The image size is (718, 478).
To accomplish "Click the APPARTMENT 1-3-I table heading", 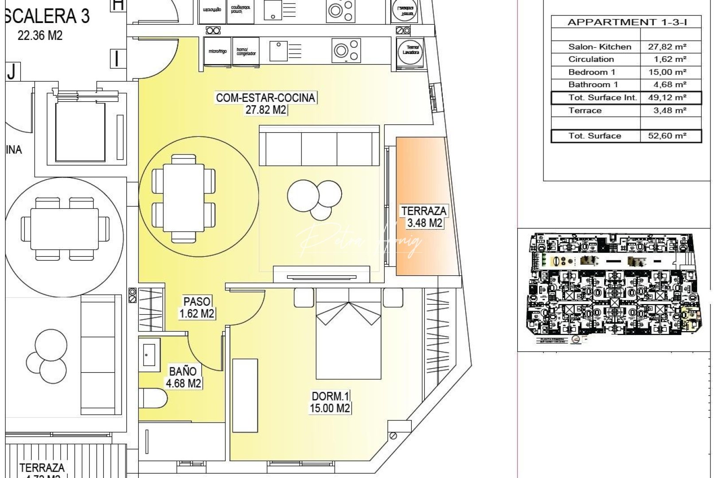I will [x=626, y=22].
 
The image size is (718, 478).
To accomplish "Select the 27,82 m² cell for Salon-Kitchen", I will [x=667, y=47].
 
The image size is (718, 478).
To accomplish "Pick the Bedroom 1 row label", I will [x=592, y=72].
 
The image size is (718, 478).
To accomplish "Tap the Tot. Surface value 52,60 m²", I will [x=667, y=136].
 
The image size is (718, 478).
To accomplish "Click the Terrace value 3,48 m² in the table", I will [x=669, y=110].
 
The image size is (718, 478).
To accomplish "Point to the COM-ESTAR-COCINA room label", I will [x=265, y=103].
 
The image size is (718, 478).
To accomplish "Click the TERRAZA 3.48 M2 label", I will [x=424, y=217].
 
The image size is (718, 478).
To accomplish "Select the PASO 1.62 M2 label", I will [x=197, y=308].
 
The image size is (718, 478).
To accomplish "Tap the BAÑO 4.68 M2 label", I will [x=183, y=377].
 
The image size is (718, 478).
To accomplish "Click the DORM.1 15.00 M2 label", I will [x=330, y=402].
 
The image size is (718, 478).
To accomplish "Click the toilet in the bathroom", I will [x=152, y=398].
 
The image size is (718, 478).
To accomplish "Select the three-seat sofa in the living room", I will [x=319, y=146].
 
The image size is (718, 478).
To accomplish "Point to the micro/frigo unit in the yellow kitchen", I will [x=218, y=52].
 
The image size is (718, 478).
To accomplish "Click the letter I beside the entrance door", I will [x=117, y=58].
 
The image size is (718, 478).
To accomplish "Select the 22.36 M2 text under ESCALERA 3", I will [x=40, y=35].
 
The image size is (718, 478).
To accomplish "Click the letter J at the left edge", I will [x=12, y=71].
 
